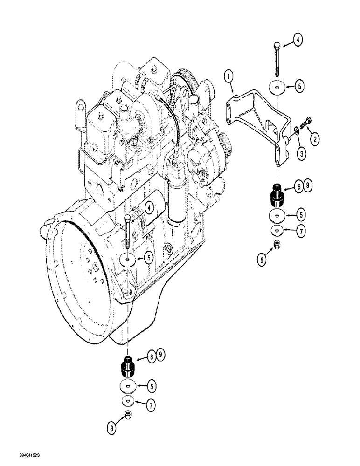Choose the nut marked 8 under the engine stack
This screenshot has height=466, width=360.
(127, 417)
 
